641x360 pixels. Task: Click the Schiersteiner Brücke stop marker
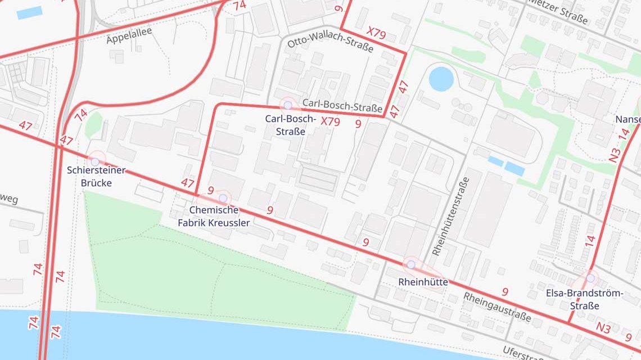(x=95, y=161)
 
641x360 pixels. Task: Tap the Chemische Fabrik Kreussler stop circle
(x=223, y=198)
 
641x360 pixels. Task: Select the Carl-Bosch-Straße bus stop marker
(x=288, y=105)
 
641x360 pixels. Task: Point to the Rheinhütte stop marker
(x=411, y=264)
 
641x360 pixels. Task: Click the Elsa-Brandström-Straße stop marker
(x=590, y=278)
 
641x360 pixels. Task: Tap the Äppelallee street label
(x=129, y=35)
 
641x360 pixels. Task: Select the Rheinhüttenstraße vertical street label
(x=450, y=217)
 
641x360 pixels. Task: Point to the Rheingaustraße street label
(x=497, y=307)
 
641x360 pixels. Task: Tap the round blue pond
(x=441, y=78)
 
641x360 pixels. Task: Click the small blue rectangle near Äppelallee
(x=29, y=13)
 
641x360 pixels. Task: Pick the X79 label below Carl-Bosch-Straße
(x=330, y=121)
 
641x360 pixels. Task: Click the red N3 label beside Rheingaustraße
(x=603, y=327)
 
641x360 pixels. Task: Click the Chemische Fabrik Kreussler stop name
(x=214, y=216)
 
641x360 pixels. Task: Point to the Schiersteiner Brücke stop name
(x=96, y=176)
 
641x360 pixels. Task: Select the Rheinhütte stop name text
(x=423, y=282)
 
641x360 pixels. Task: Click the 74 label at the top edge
(x=240, y=6)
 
